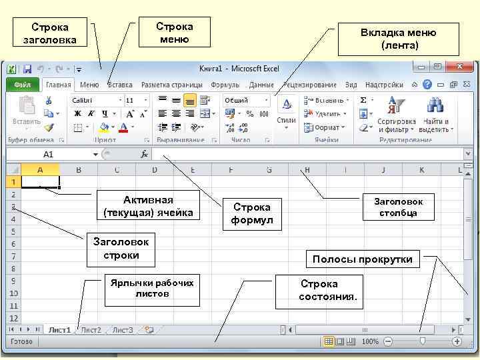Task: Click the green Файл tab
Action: (23, 85)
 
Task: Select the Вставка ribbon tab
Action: (120, 85)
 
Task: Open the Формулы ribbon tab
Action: (225, 85)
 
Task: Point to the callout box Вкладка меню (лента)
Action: (399, 39)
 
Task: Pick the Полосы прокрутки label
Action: (363, 259)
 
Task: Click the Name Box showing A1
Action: (50, 154)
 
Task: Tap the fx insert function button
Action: (144, 154)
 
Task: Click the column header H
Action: (307, 170)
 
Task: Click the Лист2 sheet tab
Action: (91, 330)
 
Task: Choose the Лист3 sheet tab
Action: (123, 330)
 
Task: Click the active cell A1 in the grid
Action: (41, 181)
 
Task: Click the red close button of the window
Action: (459, 67)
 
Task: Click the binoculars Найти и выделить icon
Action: (435, 105)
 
